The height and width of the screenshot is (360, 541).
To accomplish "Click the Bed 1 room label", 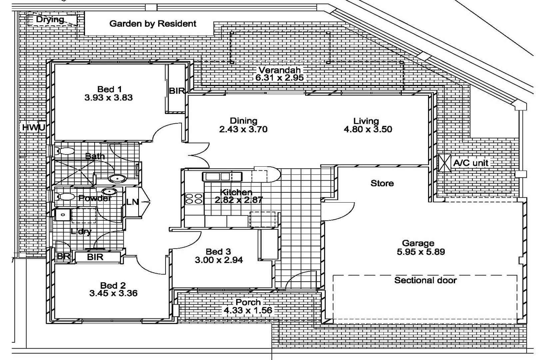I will click(x=109, y=89).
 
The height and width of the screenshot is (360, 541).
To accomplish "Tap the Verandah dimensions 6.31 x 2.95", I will click(x=279, y=78).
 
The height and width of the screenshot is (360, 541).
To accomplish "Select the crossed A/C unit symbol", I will click(x=445, y=163).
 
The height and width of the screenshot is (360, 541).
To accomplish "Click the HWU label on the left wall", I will click(x=33, y=127).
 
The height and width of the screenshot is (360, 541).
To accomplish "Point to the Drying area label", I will click(x=50, y=19).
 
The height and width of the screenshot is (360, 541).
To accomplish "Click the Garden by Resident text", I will click(x=153, y=24).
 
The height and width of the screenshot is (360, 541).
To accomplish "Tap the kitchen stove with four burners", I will click(x=194, y=199).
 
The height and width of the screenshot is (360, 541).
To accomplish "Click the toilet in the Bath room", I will click(x=66, y=151).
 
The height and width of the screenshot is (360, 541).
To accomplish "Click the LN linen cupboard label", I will click(x=132, y=202).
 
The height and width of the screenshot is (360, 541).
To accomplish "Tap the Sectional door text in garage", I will click(x=425, y=280).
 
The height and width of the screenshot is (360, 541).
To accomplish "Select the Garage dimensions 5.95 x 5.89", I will click(x=420, y=252).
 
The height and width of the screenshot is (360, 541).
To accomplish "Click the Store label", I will click(x=382, y=183).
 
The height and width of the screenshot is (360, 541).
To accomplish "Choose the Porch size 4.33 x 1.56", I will click(x=248, y=311).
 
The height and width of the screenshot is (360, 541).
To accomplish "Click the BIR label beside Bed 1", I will click(x=177, y=91).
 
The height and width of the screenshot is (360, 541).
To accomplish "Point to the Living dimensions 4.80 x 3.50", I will click(x=367, y=129).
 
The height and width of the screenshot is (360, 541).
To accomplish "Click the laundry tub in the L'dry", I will click(x=63, y=215).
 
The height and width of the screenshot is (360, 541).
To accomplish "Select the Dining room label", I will click(x=243, y=121).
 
